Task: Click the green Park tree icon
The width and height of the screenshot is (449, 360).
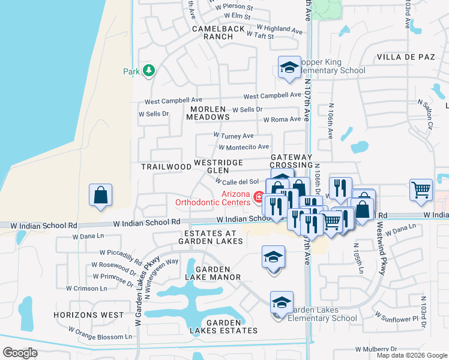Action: [x=148, y=71]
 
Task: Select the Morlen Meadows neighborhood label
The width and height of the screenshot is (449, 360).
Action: [x=208, y=113]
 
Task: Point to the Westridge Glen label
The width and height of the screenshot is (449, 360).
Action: [x=218, y=166]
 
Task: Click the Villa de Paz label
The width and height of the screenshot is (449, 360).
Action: [x=405, y=57]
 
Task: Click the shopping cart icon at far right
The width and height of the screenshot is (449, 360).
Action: [x=421, y=190]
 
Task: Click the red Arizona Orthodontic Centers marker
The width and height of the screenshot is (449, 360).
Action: [x=259, y=196]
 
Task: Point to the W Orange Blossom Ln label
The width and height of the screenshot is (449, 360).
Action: [x=100, y=333]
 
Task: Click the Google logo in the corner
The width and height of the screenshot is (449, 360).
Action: [x=20, y=353]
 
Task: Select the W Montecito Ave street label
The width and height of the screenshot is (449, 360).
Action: [x=244, y=147]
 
